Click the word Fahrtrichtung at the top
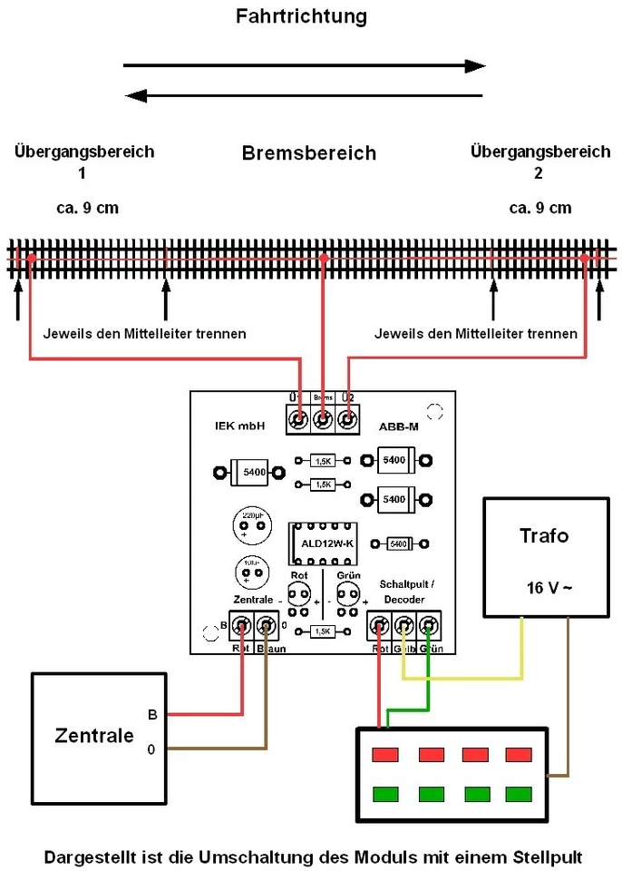301,16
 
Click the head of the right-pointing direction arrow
474,65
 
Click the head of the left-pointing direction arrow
137,95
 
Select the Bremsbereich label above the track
308,152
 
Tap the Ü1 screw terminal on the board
297,419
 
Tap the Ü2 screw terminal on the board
346,419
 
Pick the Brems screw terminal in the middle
322,419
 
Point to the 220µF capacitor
251,524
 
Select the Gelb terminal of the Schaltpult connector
403,624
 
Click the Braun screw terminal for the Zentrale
266,624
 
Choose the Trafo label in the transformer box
544,535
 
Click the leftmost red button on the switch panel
386,755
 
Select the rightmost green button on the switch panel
519,795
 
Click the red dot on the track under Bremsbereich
322,259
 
